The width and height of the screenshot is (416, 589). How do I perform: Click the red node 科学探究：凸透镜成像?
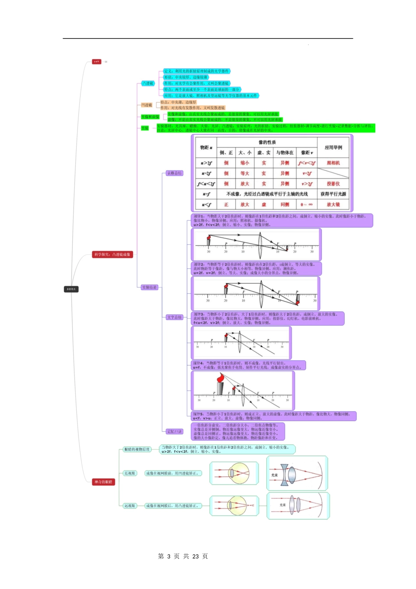[x=113, y=255]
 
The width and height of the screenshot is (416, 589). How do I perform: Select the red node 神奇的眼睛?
[x=103, y=482]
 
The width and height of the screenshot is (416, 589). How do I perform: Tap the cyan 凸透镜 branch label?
[x=148, y=83]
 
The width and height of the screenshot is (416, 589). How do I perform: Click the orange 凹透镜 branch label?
[x=147, y=105]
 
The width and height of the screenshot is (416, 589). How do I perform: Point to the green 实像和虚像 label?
[x=150, y=117]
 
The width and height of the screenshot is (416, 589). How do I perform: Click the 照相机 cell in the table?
[x=333, y=163]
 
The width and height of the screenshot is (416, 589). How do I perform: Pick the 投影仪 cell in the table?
[x=333, y=184]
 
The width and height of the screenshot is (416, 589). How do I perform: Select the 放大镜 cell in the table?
[x=333, y=205]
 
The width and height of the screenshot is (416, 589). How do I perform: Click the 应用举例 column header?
[x=333, y=148]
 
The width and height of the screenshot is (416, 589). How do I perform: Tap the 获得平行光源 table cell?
[x=333, y=194]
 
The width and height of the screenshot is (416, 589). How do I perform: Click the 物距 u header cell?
[x=206, y=148]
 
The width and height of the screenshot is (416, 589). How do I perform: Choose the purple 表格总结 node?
[x=174, y=174]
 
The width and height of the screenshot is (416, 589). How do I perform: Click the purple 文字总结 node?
[x=174, y=317]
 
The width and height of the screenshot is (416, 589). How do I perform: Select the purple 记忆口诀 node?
[x=174, y=432]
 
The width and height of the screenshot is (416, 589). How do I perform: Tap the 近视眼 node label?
[x=130, y=473]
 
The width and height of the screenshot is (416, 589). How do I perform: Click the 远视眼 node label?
[x=130, y=506]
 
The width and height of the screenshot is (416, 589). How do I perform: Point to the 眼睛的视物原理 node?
[x=137, y=450]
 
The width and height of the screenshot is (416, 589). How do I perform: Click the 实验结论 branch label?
[x=149, y=287]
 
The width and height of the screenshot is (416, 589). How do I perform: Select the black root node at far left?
[x=71, y=289]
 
